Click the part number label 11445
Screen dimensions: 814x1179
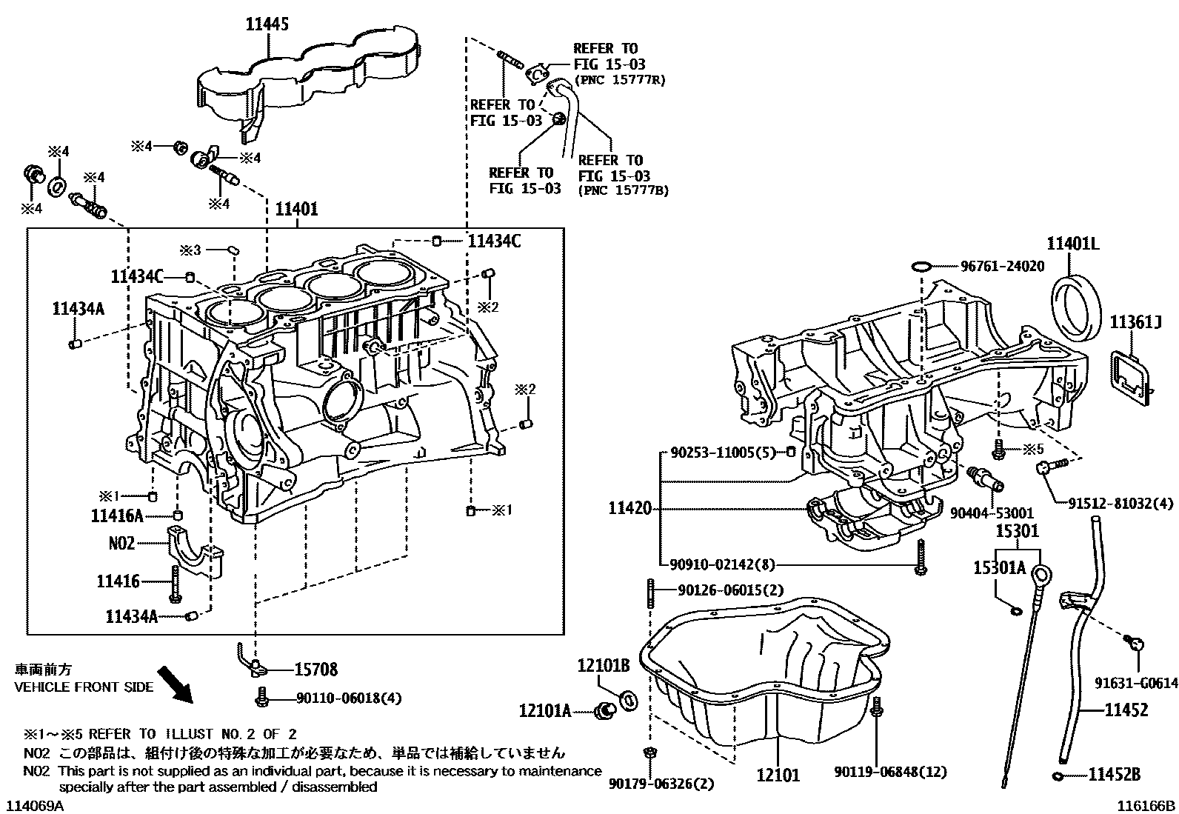(x=267, y=24)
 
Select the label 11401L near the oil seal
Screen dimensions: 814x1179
(x=1073, y=243)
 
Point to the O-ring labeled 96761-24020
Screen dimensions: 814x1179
(x=920, y=266)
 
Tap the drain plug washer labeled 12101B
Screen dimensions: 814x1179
(x=627, y=699)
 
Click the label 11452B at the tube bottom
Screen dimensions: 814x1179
(x=1114, y=775)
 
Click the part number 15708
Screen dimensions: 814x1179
(x=315, y=670)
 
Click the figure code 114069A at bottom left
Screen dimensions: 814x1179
(x=36, y=805)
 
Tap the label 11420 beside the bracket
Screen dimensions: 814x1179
(x=630, y=509)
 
